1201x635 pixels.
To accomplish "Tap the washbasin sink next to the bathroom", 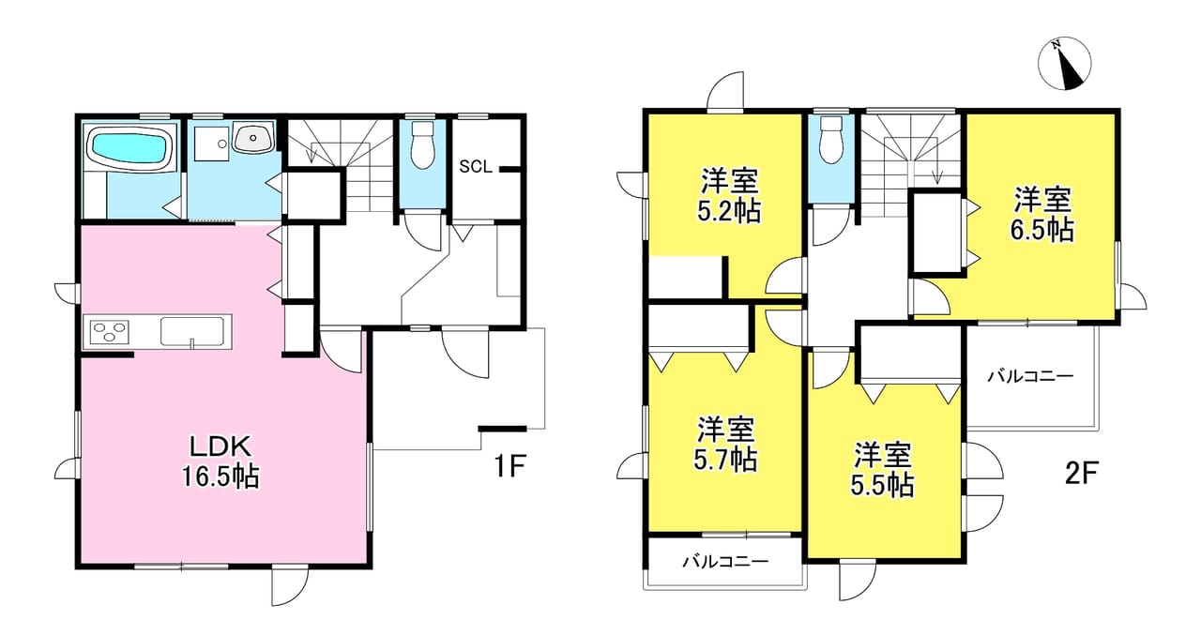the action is (253, 139).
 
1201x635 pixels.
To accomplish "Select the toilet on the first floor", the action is (423, 144).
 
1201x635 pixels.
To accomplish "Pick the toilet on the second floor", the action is (830, 141).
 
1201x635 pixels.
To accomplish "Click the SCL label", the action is (476, 167).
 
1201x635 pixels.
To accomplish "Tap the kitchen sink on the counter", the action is (192, 332).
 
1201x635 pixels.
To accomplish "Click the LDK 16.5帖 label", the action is (220, 461).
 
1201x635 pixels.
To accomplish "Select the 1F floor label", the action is (509, 465).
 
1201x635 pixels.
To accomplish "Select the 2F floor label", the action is (1082, 474).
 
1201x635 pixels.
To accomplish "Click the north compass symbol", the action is (1064, 63).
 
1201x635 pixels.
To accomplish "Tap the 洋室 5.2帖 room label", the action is (729, 196).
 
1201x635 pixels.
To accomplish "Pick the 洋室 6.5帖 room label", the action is (1041, 215).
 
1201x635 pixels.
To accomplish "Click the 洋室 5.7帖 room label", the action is (725, 444).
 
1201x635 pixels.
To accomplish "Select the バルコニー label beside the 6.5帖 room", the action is (1030, 376).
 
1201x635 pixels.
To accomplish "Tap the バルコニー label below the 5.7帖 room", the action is (725, 562).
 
